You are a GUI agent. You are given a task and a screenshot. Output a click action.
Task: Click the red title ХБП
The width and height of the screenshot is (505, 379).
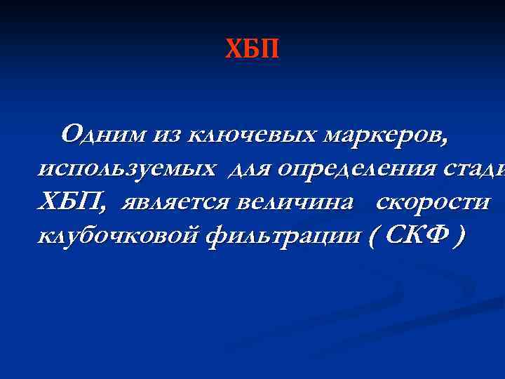point(252,50)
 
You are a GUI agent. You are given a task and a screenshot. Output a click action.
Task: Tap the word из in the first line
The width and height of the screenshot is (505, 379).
point(168,133)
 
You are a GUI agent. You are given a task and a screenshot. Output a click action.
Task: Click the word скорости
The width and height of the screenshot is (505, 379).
point(431,203)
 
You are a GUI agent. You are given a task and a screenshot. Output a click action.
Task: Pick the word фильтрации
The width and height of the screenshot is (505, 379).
point(284,237)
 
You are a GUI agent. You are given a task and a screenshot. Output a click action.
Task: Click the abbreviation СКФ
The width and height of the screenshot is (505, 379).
point(410,237)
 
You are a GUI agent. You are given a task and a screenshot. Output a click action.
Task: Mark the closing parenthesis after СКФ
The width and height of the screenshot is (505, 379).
point(458,237)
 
